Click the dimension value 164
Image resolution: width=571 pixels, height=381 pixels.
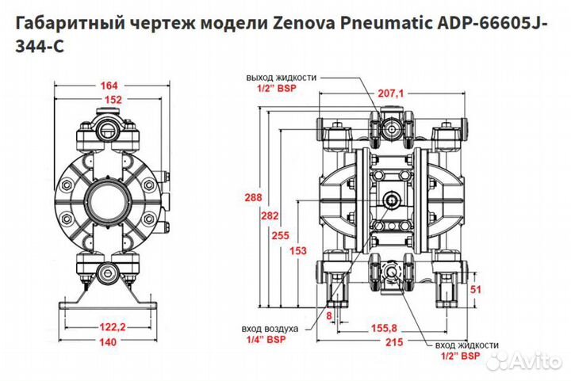pos(111,86)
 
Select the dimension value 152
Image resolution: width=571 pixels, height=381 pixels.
pos(111,100)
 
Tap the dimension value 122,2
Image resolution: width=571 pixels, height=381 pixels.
pos(111,326)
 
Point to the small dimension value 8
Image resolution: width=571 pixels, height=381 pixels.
pos(330,315)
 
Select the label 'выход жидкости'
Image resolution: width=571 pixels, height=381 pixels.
pos(281,77)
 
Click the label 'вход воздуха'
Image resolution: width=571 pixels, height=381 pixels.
pos(270,328)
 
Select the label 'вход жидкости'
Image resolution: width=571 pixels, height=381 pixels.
pos(467,346)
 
